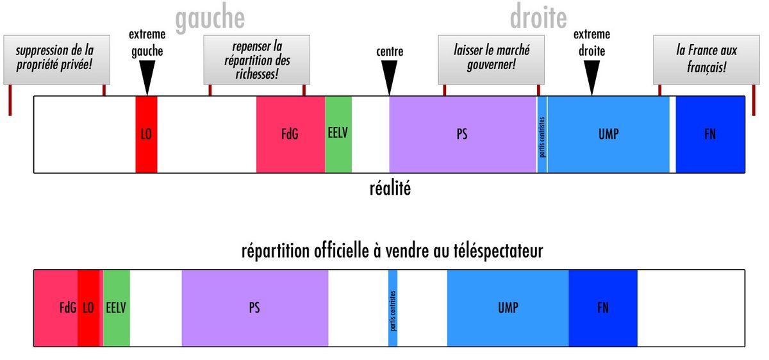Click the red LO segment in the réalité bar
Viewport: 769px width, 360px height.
[x=146, y=135]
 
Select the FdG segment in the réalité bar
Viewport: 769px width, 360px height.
[x=290, y=135]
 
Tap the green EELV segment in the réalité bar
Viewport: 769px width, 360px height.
[x=338, y=135]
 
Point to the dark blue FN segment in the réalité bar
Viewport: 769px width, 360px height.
[x=710, y=135]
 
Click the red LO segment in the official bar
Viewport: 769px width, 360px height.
[x=89, y=308]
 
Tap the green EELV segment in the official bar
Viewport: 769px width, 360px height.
[x=117, y=308]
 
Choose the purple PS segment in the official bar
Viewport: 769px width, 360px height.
[x=255, y=308]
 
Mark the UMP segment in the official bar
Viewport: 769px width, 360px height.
[x=508, y=308]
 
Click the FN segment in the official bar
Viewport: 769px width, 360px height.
[x=603, y=308]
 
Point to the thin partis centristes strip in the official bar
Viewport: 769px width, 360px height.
[x=393, y=308]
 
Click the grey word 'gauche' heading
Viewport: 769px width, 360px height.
[x=210, y=19]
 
